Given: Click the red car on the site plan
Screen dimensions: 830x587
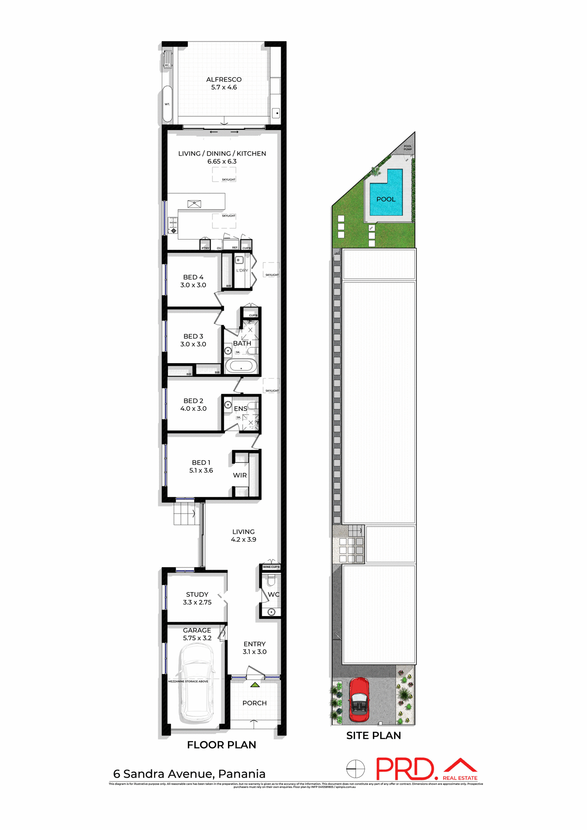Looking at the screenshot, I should tap(359, 699).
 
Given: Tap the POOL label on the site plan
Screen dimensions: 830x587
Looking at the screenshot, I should tap(386, 199).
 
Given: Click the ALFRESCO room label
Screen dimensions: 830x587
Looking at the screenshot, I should tap(224, 80).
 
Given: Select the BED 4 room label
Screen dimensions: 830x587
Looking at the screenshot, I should tap(193, 277).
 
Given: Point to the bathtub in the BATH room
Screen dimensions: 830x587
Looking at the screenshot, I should tap(241, 366).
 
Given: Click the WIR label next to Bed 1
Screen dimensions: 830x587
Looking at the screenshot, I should tap(240, 475).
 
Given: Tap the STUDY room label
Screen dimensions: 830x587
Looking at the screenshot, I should tap(197, 594).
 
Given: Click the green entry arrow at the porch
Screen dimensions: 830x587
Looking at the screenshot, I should tap(255, 685).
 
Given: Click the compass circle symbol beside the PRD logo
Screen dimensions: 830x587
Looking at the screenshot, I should tap(356, 769).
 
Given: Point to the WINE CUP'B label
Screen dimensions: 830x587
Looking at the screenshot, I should tap(271, 567).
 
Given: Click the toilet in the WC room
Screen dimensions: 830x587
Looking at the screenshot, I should tap(271, 580).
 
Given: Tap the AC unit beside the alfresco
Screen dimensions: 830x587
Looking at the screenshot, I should tap(167, 60).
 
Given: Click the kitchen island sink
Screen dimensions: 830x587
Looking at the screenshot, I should tap(194, 204).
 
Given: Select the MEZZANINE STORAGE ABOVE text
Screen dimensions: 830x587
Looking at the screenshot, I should tap(188, 681).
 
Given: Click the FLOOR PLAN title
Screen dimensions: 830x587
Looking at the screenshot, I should tap(221, 744).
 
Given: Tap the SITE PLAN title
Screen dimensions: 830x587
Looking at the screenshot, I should tap(373, 735).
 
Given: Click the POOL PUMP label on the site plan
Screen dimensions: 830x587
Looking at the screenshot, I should tap(407, 147).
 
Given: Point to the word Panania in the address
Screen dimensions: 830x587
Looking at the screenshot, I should tap(241, 774).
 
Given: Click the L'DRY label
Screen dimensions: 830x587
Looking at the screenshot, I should tap(242, 271).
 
